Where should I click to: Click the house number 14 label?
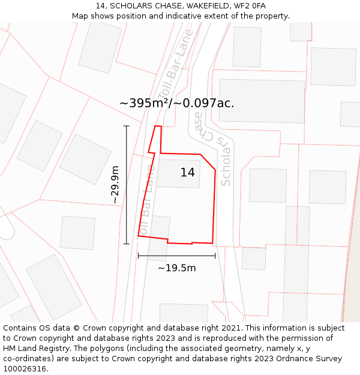click(x=187, y=173)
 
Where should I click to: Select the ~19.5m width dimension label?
click(x=176, y=268)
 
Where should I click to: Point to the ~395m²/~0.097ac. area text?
click(x=176, y=103)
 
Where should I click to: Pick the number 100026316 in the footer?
click(x=25, y=368)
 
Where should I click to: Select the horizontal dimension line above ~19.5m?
click(x=176, y=256)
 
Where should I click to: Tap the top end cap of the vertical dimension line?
click(x=126, y=126)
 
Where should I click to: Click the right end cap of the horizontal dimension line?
click(x=215, y=256)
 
